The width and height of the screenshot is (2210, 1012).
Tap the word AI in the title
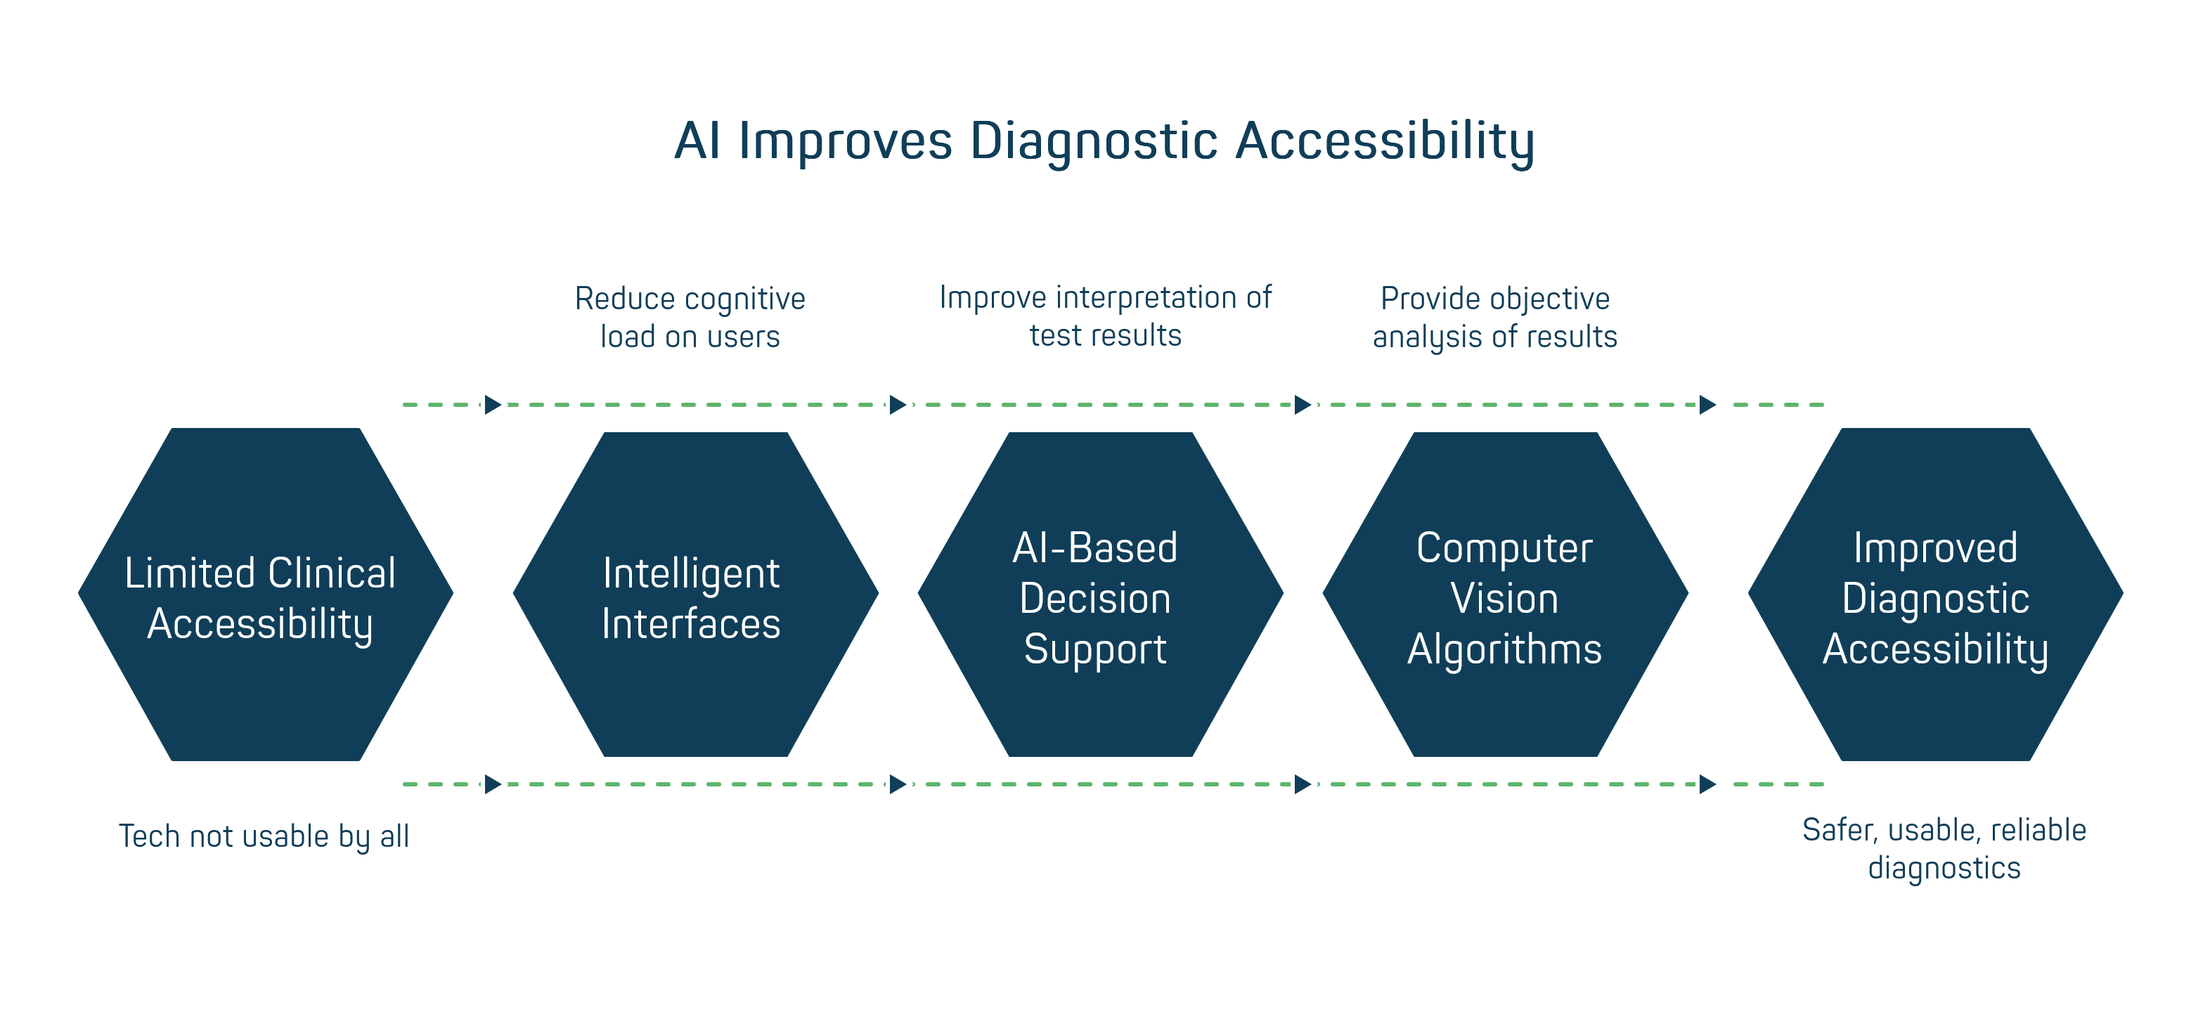click(696, 141)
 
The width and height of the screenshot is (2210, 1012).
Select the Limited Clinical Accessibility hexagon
click(265, 595)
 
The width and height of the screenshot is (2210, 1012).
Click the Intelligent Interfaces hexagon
click(695, 595)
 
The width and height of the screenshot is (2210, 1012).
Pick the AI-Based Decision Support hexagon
click(1100, 595)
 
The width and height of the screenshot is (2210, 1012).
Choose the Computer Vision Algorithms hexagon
click(1505, 595)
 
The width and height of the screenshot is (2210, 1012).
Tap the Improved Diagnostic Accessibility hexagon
click(1935, 595)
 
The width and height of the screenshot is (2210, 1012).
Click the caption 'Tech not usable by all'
click(264, 836)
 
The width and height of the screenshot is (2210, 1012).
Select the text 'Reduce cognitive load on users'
click(690, 318)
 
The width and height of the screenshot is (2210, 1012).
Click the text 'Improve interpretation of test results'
click(1105, 316)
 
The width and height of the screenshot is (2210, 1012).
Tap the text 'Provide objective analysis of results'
click(1494, 318)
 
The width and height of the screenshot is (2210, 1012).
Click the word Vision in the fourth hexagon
click(1504, 599)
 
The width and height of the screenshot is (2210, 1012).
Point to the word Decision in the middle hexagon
click(1094, 599)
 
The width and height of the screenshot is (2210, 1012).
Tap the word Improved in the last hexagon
click(1934, 548)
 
